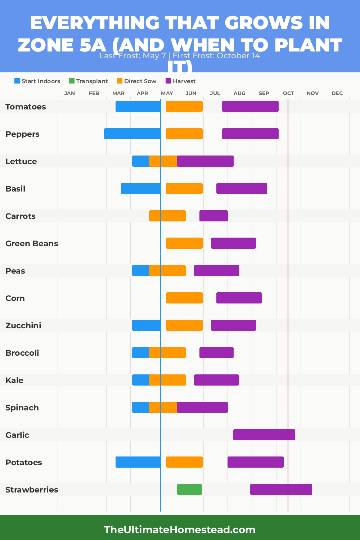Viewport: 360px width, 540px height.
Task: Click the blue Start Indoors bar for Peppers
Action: point(132,134)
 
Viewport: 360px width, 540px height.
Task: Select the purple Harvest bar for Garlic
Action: point(264,435)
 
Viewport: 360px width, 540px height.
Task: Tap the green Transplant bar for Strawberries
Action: point(189,489)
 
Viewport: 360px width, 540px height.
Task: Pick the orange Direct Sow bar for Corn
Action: point(184,298)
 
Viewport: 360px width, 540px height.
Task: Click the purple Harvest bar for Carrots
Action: point(213,216)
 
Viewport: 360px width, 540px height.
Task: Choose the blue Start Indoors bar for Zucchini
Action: point(146,325)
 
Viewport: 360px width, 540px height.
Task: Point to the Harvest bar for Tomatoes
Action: point(250,106)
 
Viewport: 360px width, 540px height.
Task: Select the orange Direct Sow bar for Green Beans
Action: point(184,243)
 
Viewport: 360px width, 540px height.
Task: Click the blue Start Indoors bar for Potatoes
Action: point(138,462)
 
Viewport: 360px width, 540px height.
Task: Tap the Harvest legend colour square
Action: point(168,81)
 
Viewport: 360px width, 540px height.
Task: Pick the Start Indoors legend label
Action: point(41,81)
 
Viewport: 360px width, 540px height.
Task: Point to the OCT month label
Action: point(288,93)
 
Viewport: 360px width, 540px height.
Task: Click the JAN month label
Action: point(69,93)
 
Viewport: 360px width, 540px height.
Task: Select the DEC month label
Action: point(337,93)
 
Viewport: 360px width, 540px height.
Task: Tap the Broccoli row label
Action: point(22,353)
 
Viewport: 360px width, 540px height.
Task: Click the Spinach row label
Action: point(22,408)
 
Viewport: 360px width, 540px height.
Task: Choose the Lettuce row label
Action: point(21,161)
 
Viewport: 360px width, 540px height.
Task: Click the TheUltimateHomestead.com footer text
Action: point(180,530)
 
